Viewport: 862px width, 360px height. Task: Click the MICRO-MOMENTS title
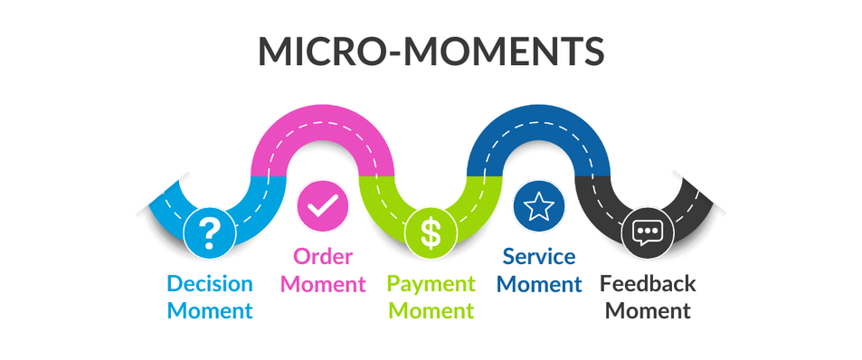431,52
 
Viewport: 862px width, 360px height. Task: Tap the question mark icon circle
210,233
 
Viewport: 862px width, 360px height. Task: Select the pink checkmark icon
323,206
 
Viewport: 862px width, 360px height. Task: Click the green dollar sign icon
431,233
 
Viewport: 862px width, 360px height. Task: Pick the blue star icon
539,206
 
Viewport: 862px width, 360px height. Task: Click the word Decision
210,284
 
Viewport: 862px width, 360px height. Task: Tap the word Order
323,257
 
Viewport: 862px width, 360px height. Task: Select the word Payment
431,284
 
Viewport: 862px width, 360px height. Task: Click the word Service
539,257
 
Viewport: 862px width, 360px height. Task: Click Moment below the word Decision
210,310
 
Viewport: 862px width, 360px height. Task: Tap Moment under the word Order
323,284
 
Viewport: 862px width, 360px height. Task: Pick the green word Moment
431,310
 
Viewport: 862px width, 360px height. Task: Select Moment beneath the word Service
539,284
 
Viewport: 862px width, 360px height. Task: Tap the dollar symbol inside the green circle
431,233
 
